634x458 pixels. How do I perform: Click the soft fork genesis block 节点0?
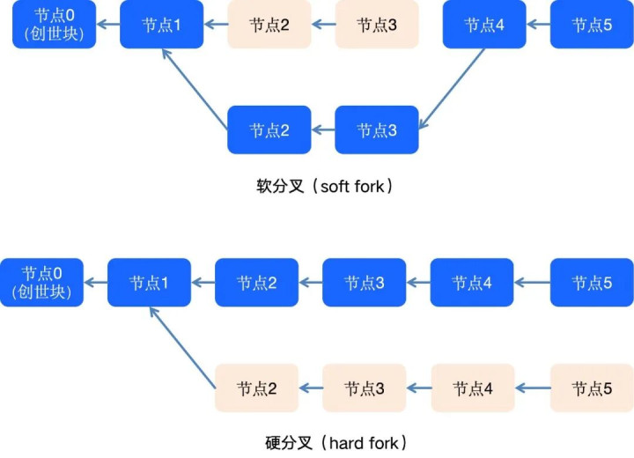[54, 25]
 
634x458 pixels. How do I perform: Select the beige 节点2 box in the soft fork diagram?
[269, 25]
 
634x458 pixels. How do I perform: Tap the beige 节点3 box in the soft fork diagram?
[377, 25]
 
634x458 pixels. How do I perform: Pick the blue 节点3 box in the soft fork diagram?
[377, 130]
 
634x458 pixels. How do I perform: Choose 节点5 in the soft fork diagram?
[591, 25]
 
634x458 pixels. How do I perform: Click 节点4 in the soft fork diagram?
[483, 25]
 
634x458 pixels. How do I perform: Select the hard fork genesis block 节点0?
[41, 283]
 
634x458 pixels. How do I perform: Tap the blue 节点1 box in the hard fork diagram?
[149, 283]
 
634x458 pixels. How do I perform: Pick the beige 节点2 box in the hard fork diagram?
[256, 388]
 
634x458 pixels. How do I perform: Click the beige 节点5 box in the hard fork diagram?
[591, 388]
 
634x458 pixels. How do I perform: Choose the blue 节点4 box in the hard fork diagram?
[471, 283]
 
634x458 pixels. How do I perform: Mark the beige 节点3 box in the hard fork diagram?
[364, 388]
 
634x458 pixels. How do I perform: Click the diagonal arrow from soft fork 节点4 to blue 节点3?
[451, 85]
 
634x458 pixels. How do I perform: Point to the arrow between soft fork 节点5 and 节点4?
[538, 25]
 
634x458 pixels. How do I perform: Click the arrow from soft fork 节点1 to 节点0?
[107, 25]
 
